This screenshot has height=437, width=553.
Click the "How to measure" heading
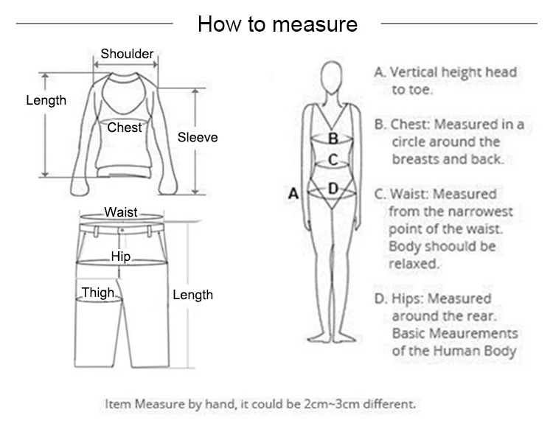pyautogui.click(x=277, y=24)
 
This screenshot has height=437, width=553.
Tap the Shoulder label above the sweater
pyautogui.click(x=127, y=54)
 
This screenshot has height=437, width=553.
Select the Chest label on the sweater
pyautogui.click(x=124, y=127)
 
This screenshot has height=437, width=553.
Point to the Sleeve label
pyautogui.click(x=198, y=137)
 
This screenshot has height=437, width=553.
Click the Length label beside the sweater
pyautogui.click(x=46, y=100)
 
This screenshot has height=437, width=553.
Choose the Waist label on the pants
pyautogui.click(x=120, y=212)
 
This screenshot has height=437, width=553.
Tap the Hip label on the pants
pyautogui.click(x=120, y=256)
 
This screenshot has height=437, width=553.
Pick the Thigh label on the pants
pyautogui.click(x=97, y=293)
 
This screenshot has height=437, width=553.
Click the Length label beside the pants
pyautogui.click(x=192, y=295)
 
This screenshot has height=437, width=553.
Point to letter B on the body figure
pyautogui.click(x=333, y=139)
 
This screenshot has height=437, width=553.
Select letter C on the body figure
pyautogui.click(x=333, y=159)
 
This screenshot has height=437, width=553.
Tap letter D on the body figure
pyautogui.click(x=333, y=189)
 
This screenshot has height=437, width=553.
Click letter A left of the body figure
pyautogui.click(x=293, y=194)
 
